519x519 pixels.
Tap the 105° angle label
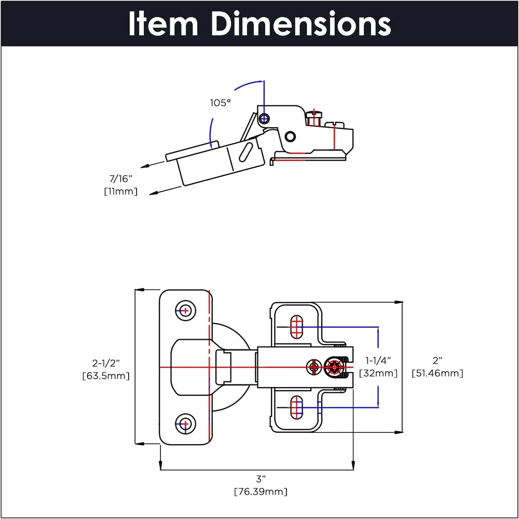(220, 103)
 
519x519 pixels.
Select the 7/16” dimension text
(120, 180)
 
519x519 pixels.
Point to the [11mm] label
(120, 191)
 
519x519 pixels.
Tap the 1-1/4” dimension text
(378, 360)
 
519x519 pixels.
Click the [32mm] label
(378, 373)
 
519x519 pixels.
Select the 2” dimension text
(437, 360)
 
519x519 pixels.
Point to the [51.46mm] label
(437, 373)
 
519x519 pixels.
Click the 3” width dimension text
(261, 478)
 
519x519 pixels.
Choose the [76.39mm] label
(261, 491)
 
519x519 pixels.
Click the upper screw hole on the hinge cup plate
(185, 310)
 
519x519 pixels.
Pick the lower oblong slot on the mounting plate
(297, 407)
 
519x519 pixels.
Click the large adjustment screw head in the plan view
(335, 368)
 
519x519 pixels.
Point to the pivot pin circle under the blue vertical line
(264, 118)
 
